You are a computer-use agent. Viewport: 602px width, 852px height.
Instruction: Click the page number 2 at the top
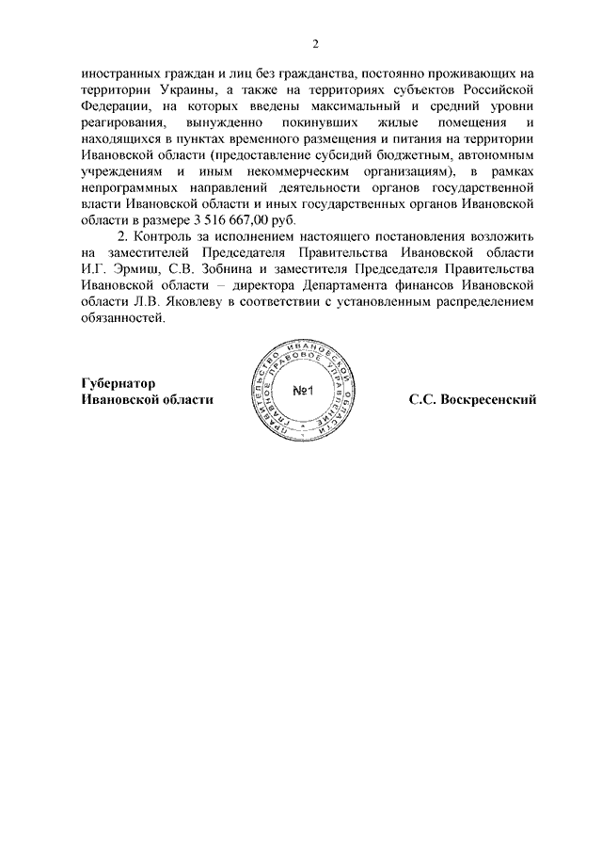tap(317, 43)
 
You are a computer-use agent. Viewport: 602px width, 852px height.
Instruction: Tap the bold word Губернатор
tap(119, 383)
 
